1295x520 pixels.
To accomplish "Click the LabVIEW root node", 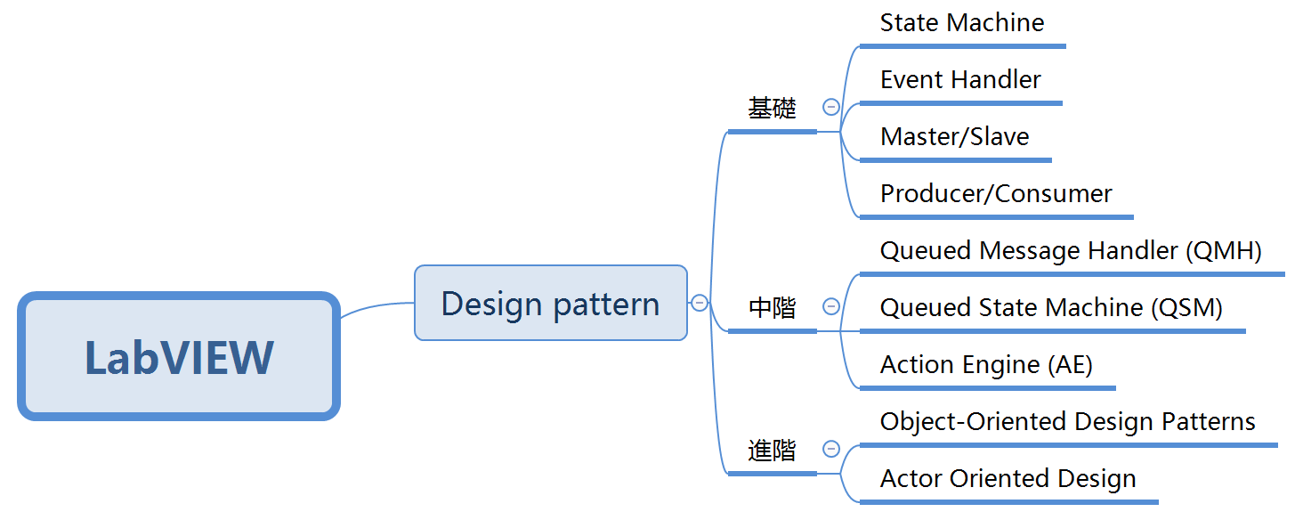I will click(179, 356).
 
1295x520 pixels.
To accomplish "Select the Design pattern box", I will click(550, 303).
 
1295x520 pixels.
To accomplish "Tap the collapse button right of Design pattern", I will click(700, 303).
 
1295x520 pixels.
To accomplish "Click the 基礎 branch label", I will click(772, 109).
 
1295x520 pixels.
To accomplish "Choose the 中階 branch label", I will click(772, 308).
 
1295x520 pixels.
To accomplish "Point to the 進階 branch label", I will click(772, 451).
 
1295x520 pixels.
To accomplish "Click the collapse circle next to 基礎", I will click(831, 107).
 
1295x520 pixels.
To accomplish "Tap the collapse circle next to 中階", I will click(831, 306).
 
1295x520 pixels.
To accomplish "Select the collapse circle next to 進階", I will click(831, 449).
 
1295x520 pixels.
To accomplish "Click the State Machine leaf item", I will click(962, 22).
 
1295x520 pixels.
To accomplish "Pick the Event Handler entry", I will click(960, 79).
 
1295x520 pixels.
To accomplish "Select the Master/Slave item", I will click(954, 136).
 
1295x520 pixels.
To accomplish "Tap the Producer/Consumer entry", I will click(996, 193).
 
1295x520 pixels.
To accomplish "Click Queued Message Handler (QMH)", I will click(1071, 250).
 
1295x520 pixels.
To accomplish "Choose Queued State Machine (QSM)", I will click(1051, 307).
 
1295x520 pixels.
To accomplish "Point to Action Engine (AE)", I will click(986, 364).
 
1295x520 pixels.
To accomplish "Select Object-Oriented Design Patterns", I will click(1067, 421).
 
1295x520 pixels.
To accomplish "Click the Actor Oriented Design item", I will click(1008, 478).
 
